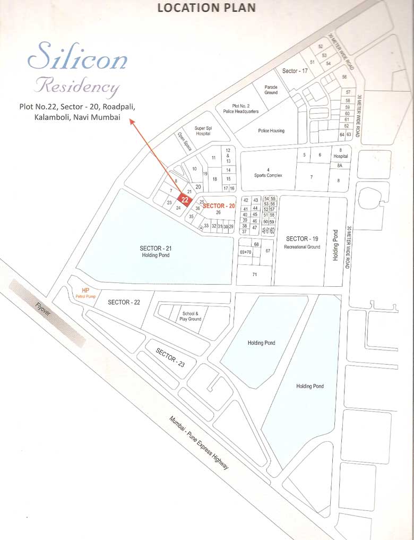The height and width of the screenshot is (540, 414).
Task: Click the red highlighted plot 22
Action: coord(185,199)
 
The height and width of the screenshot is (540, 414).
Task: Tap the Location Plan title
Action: coord(206,7)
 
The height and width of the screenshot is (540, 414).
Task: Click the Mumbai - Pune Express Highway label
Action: coord(199,442)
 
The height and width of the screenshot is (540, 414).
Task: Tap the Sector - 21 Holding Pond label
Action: coord(156,251)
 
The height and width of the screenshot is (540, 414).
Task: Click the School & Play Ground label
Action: coord(191,316)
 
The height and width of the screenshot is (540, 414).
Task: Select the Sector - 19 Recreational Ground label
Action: coord(302,242)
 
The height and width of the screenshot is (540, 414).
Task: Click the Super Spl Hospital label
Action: coord(203,131)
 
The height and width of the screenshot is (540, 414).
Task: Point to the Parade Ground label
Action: coord(271,89)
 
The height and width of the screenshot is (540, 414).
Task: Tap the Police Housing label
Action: coord(271,131)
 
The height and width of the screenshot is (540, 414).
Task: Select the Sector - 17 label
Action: coord(295,71)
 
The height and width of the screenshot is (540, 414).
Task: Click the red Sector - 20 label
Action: coord(219,205)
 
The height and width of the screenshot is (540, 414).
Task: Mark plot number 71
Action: coord(255,274)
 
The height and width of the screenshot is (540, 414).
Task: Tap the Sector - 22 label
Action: coord(124,302)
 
